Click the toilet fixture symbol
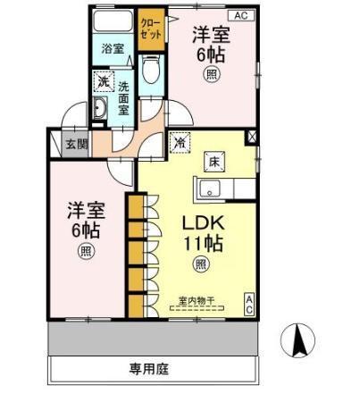click(x=149, y=69)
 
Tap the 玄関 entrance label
click(x=76, y=143)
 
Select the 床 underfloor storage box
click(x=214, y=161)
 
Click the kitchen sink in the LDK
click(x=210, y=188)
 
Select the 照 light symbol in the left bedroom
click(x=85, y=251)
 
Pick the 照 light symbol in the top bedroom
click(x=213, y=74)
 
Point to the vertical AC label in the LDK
click(x=249, y=304)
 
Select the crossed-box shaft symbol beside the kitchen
click(x=251, y=138)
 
